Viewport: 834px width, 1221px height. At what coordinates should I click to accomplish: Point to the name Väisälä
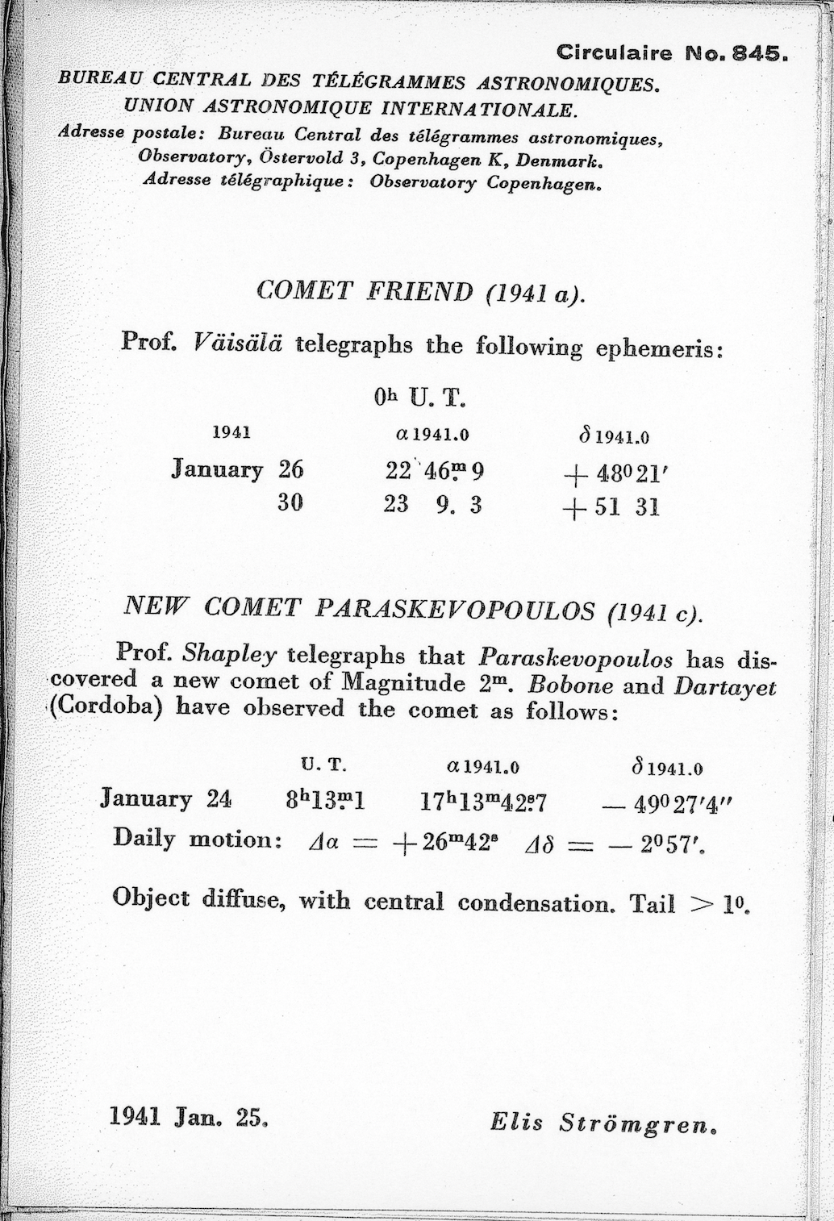coord(237,344)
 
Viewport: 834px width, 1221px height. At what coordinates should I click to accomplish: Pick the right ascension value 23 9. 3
coord(433,506)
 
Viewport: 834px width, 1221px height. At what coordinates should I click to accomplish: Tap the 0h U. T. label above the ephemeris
coord(420,398)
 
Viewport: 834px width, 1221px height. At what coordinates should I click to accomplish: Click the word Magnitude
coord(402,683)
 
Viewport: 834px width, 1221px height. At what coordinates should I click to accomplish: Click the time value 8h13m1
coord(326,800)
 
